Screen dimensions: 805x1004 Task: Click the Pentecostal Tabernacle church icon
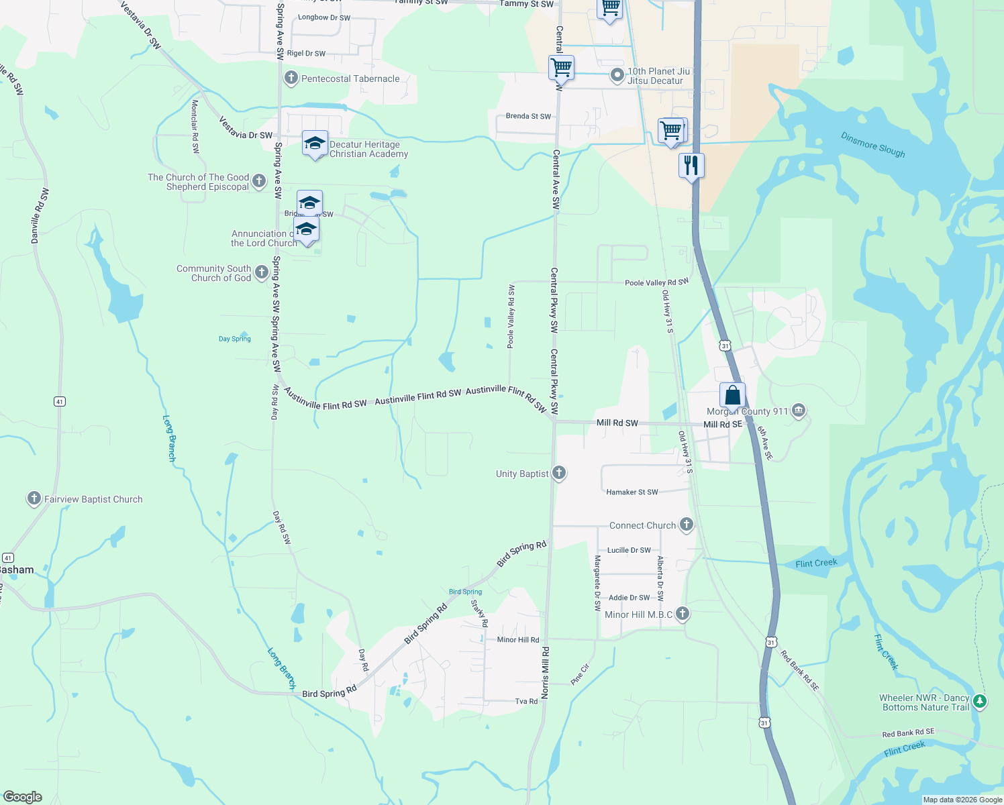pyautogui.click(x=291, y=78)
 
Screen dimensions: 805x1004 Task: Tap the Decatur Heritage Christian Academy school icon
pyautogui.click(x=315, y=144)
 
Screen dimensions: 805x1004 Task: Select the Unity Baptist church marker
pyautogui.click(x=558, y=474)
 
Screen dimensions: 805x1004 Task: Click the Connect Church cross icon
pyautogui.click(x=686, y=525)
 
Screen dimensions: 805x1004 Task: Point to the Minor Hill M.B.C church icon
pyautogui.click(x=682, y=614)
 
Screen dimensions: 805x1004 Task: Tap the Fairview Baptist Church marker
pyautogui.click(x=34, y=498)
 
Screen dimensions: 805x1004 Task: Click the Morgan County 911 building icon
pyautogui.click(x=798, y=411)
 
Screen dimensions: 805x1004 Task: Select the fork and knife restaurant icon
pyautogui.click(x=691, y=165)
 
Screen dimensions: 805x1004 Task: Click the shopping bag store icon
pyautogui.click(x=732, y=395)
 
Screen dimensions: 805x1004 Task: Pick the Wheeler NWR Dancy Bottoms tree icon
pyautogui.click(x=979, y=702)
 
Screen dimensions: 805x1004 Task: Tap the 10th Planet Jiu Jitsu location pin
pyautogui.click(x=617, y=76)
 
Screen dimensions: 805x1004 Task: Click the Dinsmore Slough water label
pyautogui.click(x=872, y=145)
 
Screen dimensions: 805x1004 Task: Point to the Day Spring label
pyautogui.click(x=235, y=339)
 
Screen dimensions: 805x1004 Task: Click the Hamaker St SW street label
pyautogui.click(x=632, y=492)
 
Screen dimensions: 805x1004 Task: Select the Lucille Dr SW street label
pyautogui.click(x=628, y=550)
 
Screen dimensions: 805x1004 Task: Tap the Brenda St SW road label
pyautogui.click(x=528, y=116)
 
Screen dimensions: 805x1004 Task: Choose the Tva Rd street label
pyautogui.click(x=526, y=701)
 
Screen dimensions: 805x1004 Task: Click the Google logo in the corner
pyautogui.click(x=23, y=796)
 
